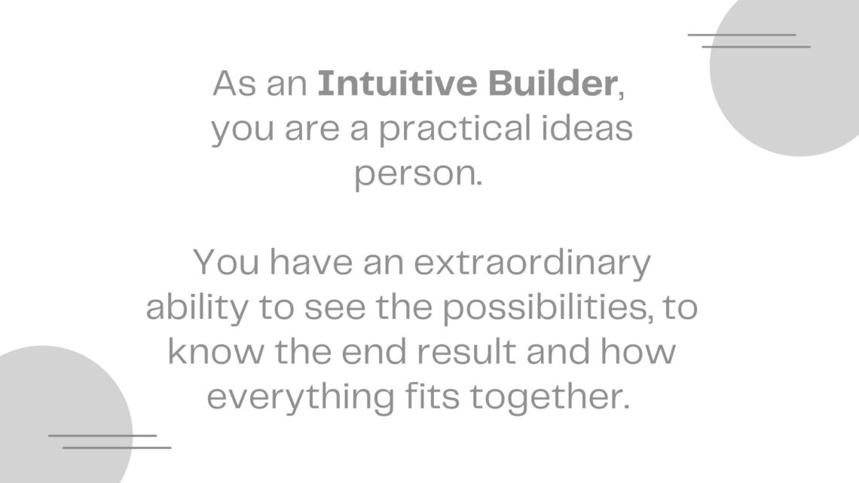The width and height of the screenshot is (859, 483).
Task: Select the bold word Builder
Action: click(x=553, y=83)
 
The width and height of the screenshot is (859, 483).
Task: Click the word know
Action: click(x=216, y=352)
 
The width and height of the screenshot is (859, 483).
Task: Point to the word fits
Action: click(x=433, y=396)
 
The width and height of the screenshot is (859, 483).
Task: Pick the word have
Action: click(x=311, y=261)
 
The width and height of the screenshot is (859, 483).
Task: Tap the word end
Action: click(x=374, y=352)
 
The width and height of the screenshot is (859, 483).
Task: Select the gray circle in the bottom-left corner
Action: click(x=60, y=415)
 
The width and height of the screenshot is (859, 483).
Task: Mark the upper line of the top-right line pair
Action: click(x=741, y=35)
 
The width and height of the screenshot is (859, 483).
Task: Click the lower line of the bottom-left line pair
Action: click(x=117, y=448)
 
